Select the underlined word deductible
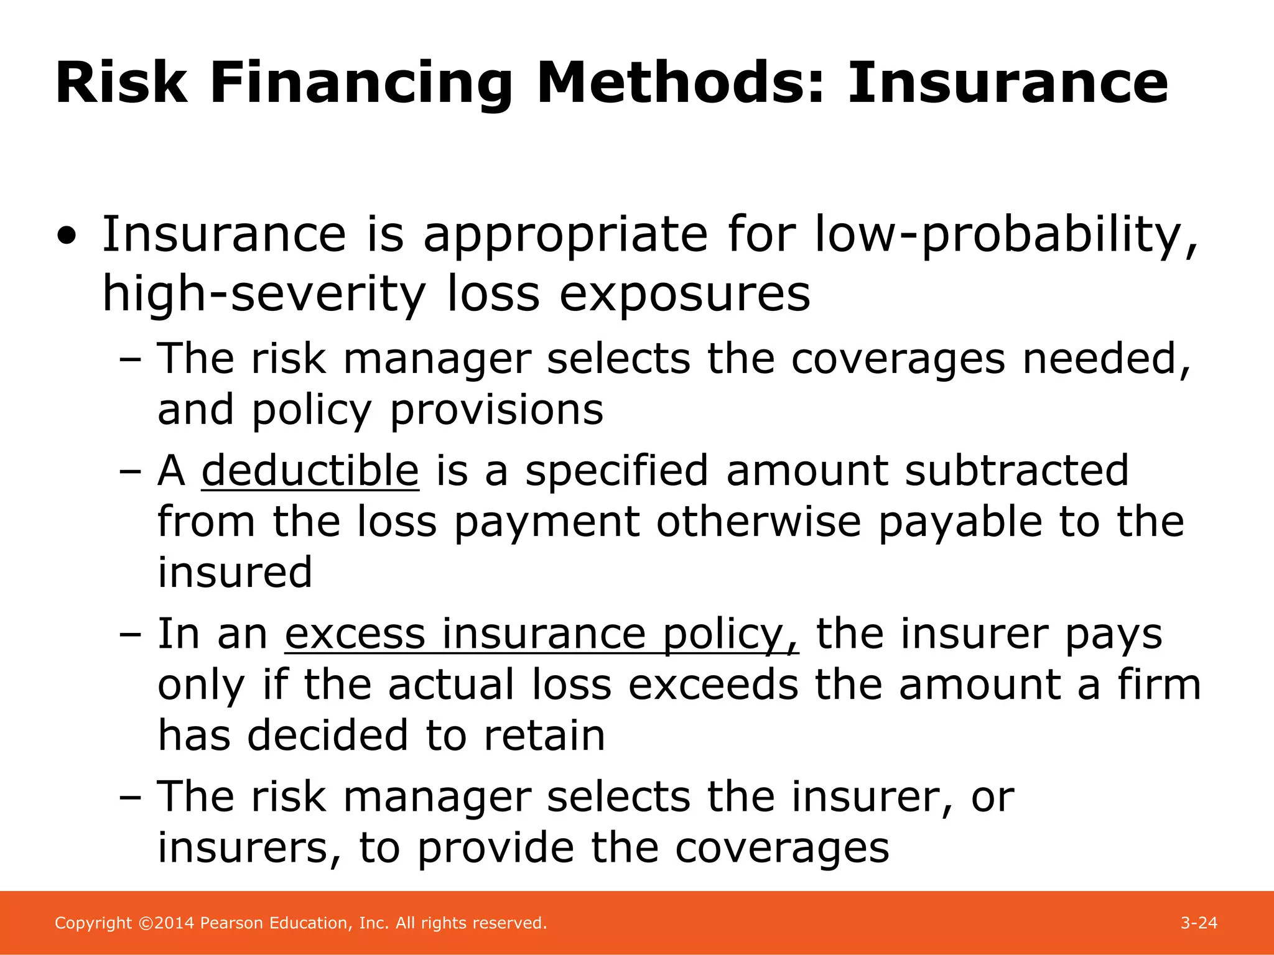(310, 471)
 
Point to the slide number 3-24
(1199, 923)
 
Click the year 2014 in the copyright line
(175, 923)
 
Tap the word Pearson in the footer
(231, 923)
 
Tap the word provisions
(496, 410)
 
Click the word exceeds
(713, 685)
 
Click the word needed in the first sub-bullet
(1107, 359)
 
